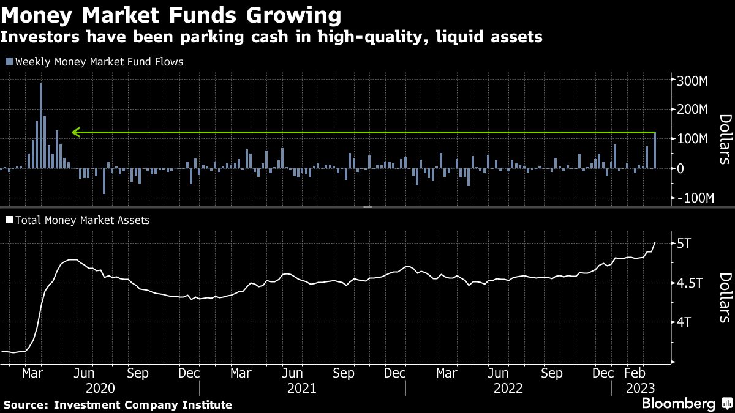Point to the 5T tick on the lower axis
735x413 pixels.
coord(684,244)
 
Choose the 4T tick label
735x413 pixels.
coord(684,322)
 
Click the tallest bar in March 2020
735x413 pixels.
coord(41,125)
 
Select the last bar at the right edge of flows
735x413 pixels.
coord(654,151)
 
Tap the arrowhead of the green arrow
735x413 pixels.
coord(75,132)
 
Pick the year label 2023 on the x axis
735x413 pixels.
coord(641,388)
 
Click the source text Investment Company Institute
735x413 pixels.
coord(143,404)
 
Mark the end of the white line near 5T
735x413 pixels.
coord(655,243)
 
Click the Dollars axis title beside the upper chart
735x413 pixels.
coord(725,140)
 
